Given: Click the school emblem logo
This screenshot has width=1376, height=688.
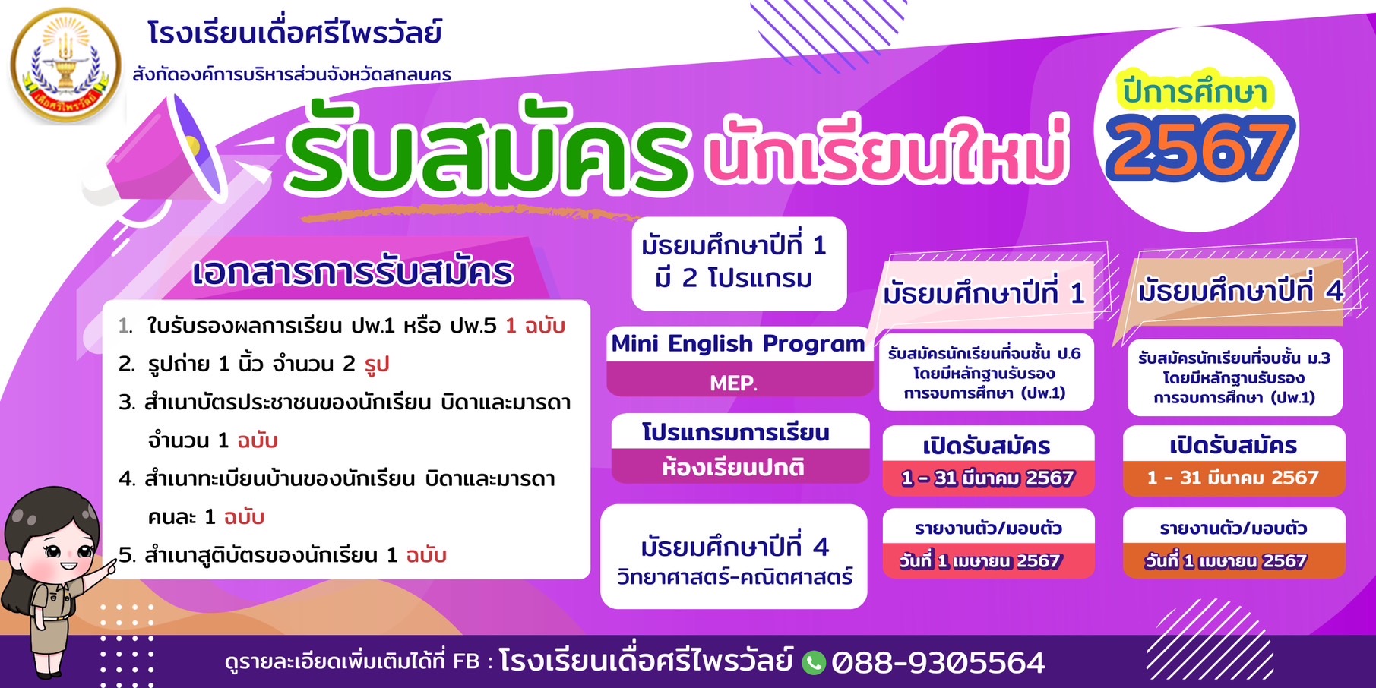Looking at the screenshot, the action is point(66,65).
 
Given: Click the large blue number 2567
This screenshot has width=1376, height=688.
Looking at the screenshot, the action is point(1199,147).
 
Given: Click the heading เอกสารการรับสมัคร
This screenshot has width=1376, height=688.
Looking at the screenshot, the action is point(353,273).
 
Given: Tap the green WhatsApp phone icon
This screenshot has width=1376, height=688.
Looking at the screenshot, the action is point(814,662).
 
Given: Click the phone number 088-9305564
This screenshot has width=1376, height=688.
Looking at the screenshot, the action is point(938,663).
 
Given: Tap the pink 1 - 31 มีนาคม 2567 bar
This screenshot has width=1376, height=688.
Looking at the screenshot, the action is point(988,478).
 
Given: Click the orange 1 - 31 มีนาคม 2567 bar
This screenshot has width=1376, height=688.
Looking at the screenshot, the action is point(1233,478).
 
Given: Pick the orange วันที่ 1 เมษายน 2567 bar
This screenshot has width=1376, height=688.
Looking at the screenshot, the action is point(1233,561).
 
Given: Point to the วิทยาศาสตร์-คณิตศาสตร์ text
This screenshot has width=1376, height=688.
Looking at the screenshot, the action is point(735,577).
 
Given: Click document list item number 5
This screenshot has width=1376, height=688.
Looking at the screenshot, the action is point(282,555).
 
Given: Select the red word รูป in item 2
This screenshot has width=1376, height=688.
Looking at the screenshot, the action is point(377,365).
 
